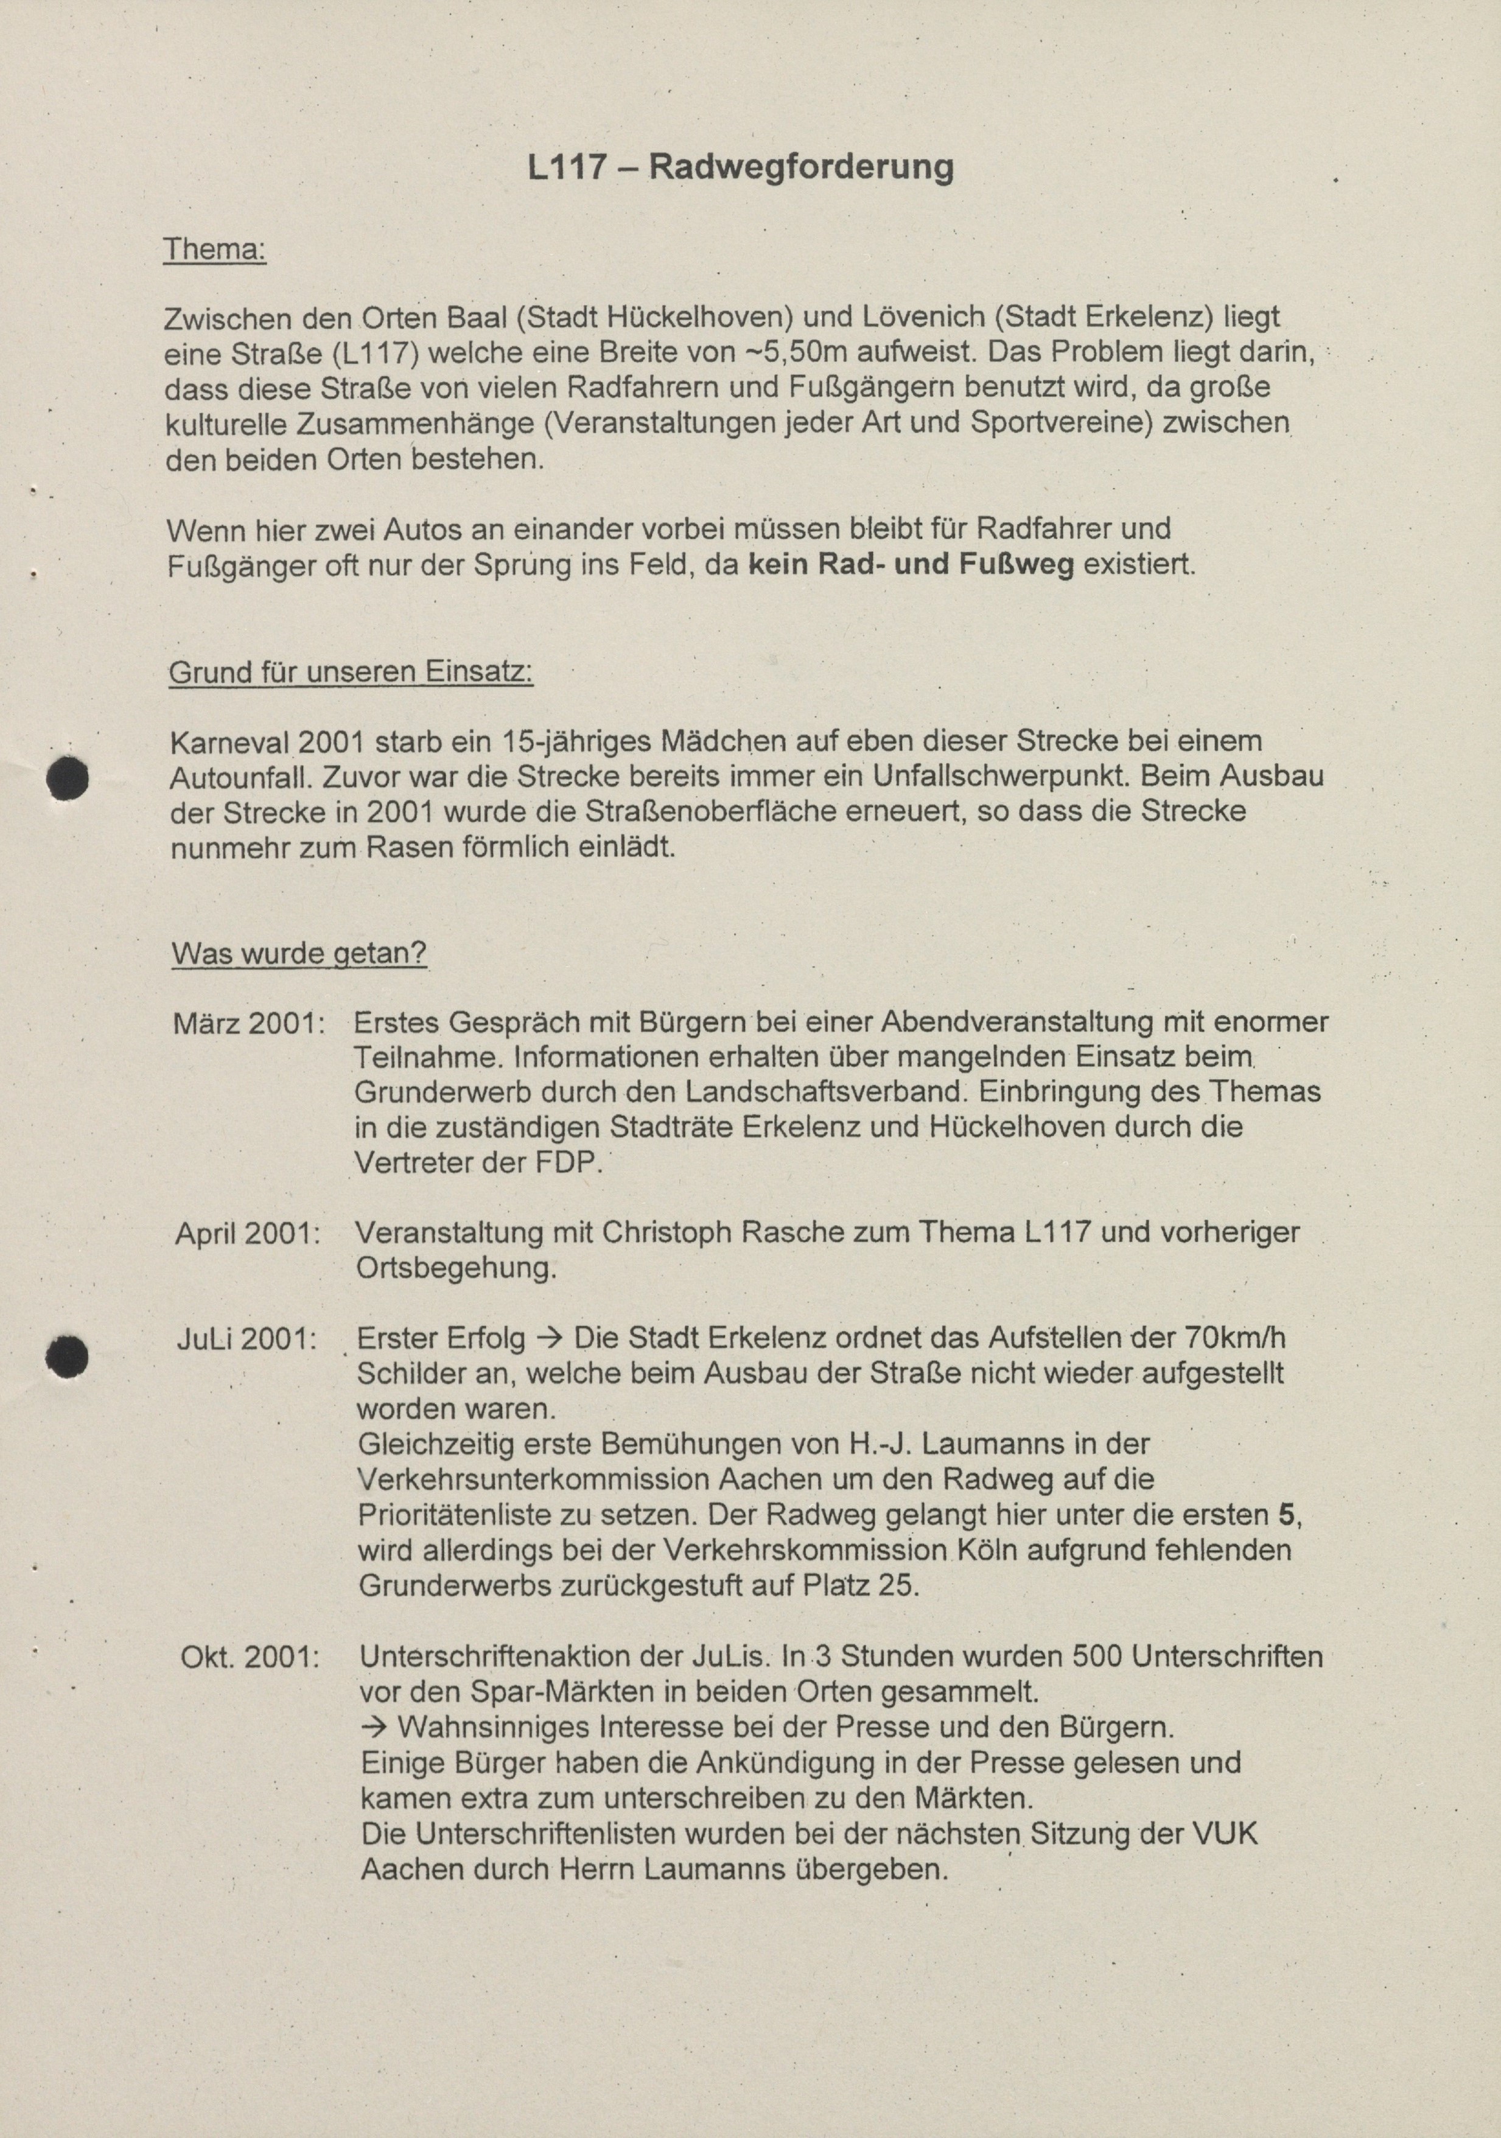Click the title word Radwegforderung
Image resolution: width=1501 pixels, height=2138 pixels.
click(801, 167)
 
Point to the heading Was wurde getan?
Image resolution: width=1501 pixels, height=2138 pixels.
click(299, 954)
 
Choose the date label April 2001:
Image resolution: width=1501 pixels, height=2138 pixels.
click(248, 1233)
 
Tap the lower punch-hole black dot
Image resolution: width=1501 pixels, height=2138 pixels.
click(67, 1356)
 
